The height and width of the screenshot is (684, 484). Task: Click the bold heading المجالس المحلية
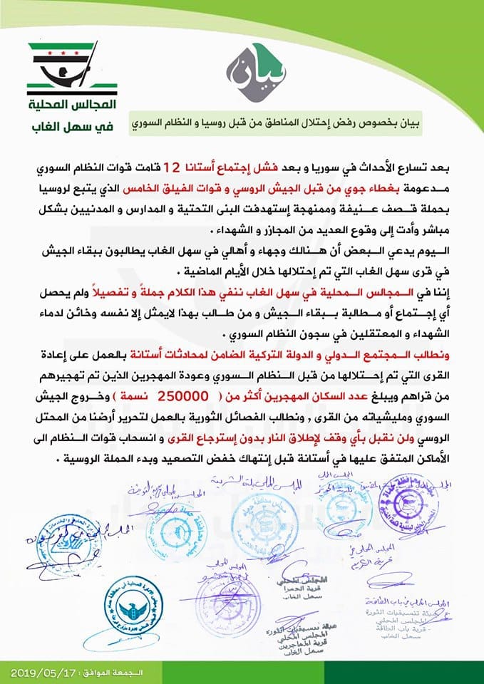click(x=62, y=108)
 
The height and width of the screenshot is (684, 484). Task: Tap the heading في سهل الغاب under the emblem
click(x=63, y=130)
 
